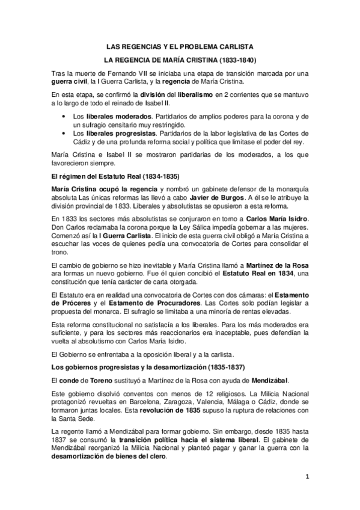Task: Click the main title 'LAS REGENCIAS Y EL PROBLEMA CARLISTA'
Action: (x=180, y=46)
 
